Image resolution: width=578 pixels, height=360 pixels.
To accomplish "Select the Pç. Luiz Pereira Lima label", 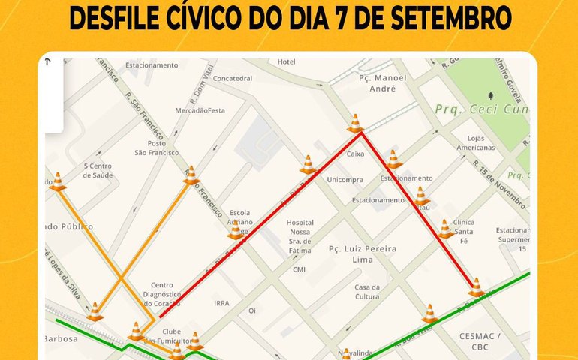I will tap(363, 253).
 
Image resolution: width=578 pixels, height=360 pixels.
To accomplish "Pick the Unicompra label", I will tap(345, 180).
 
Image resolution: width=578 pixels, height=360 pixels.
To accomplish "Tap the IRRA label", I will tap(221, 303).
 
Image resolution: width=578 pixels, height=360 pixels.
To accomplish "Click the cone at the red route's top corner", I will tap(355, 124).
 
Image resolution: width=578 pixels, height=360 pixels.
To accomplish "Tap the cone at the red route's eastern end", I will tap(475, 287).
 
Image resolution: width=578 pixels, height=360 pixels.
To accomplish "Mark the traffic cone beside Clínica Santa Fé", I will tap(445, 229).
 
